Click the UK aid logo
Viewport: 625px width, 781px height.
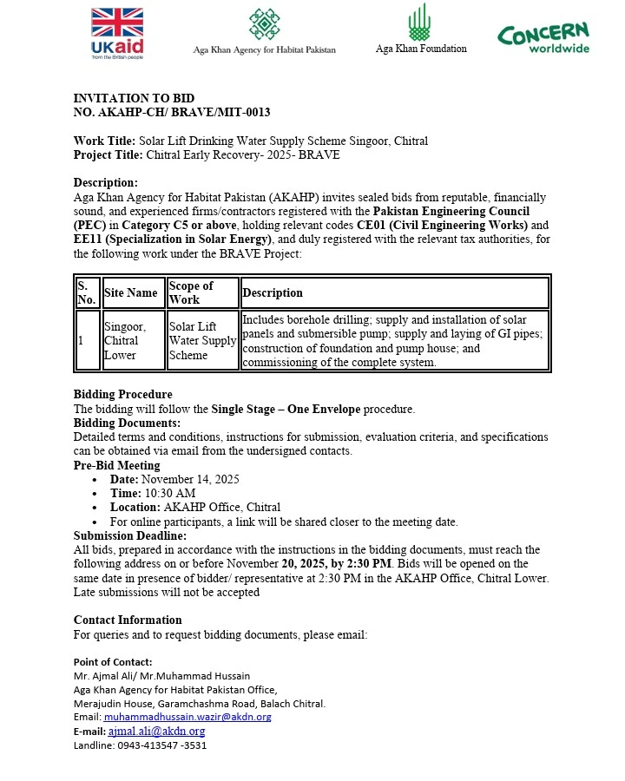coord(117,33)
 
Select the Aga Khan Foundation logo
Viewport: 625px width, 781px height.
coord(420,30)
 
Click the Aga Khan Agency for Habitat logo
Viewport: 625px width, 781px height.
coord(264,31)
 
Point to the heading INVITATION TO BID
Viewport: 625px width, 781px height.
coord(134,98)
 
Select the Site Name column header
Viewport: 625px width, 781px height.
coord(131,292)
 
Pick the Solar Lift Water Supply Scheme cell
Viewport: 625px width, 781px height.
coord(202,340)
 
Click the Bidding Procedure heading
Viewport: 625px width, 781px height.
coord(122,395)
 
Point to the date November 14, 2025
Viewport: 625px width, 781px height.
coord(190,479)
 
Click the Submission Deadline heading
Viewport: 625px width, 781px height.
coord(130,535)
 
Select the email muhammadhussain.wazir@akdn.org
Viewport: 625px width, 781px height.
coord(187,717)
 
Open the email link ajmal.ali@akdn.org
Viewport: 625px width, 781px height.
coord(156,732)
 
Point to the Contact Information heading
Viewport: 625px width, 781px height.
coord(128,620)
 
